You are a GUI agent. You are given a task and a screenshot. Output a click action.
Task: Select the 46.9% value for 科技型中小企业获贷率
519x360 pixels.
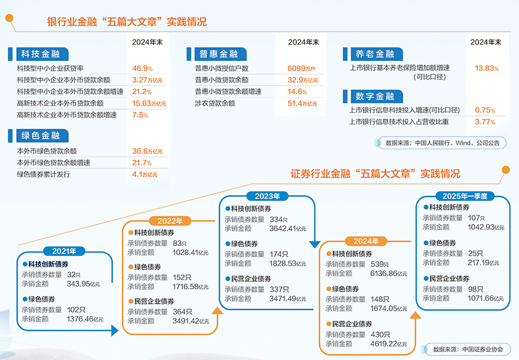[142, 69]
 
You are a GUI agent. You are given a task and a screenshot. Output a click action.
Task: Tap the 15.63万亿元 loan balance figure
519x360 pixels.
[149, 103]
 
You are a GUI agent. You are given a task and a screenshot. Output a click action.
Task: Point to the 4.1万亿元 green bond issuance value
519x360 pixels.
[144, 175]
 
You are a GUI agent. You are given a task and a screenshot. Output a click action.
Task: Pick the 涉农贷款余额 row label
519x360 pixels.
[215, 103]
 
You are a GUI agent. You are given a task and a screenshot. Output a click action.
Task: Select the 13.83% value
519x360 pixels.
[486, 68]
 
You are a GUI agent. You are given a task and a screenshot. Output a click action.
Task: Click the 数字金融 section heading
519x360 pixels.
[375, 97]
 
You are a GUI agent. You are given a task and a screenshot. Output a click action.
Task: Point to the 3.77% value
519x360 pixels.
[485, 122]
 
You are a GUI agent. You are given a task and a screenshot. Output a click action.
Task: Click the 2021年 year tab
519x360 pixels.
[64, 251]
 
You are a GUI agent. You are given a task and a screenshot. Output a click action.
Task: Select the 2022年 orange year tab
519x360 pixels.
[170, 221]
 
